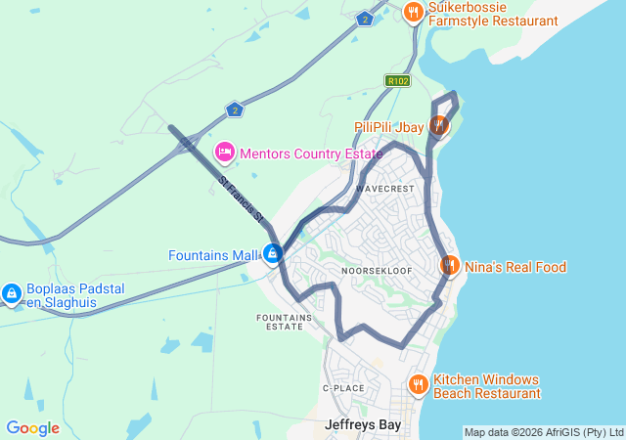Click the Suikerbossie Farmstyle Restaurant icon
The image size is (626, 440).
414,13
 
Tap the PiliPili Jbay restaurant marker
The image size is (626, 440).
439,126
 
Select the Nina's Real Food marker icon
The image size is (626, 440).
450,266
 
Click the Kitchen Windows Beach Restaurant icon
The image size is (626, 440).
418,385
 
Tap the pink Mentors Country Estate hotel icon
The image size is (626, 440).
224,153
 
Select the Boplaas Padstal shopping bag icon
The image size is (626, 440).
12,292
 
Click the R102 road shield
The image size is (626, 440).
397,81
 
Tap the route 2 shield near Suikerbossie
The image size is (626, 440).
365,19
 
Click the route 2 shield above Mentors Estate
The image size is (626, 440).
233,110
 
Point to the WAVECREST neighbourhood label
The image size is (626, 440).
385,188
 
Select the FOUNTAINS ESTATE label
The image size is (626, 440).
285,322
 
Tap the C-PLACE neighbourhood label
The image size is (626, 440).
343,388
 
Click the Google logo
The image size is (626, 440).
32,428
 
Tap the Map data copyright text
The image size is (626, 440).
543,432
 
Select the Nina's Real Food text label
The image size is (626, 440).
515,267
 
